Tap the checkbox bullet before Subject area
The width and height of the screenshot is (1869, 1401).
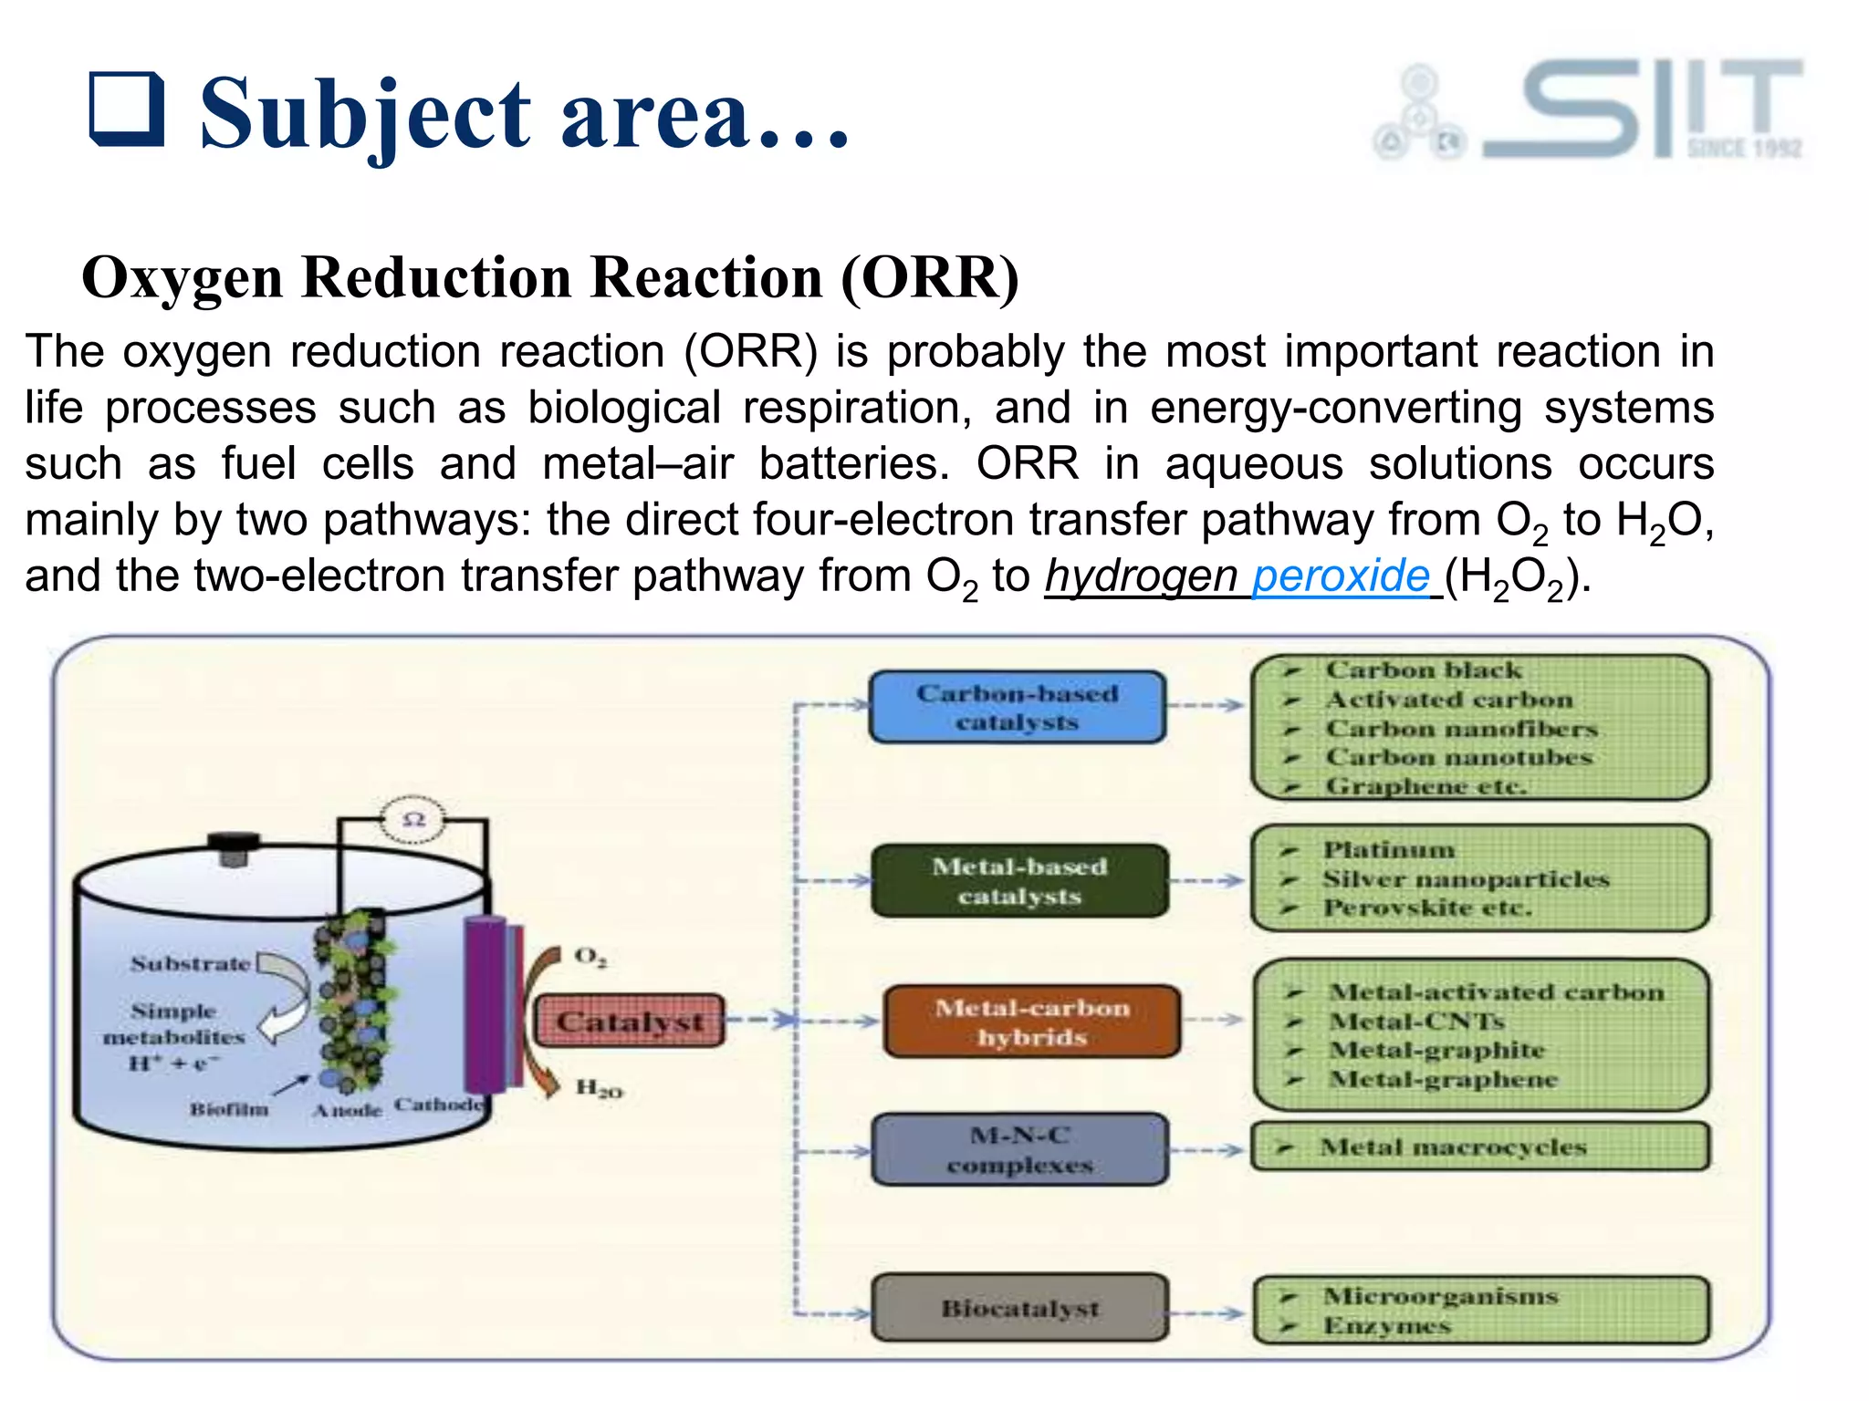pyautogui.click(x=127, y=110)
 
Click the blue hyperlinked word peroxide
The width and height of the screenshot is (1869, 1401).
pyautogui.click(x=1340, y=576)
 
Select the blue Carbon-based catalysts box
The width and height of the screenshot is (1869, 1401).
pyautogui.click(x=1017, y=708)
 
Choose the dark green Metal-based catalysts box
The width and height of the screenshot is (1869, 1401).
pyautogui.click(x=1018, y=881)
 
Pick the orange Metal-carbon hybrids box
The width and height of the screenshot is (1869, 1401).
pyautogui.click(x=1031, y=1022)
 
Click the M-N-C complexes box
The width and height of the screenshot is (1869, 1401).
pyautogui.click(x=1018, y=1150)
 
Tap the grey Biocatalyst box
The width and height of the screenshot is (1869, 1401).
pyautogui.click(x=1018, y=1309)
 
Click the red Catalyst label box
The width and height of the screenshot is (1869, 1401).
pyautogui.click(x=629, y=1022)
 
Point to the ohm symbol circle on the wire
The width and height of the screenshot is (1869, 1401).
pyautogui.click(x=413, y=819)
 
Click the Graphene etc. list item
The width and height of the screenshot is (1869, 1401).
pyautogui.click(x=1425, y=786)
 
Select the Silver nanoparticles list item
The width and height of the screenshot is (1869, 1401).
pyautogui.click(x=1465, y=879)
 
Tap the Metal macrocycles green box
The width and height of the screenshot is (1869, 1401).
pyautogui.click(x=1478, y=1147)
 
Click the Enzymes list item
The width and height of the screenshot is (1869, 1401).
pyautogui.click(x=1386, y=1326)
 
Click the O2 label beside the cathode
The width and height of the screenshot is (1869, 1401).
pyautogui.click(x=590, y=957)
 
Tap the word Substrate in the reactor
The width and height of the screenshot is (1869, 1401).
pyautogui.click(x=190, y=964)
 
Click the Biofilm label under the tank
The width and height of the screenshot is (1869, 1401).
pyautogui.click(x=229, y=1110)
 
